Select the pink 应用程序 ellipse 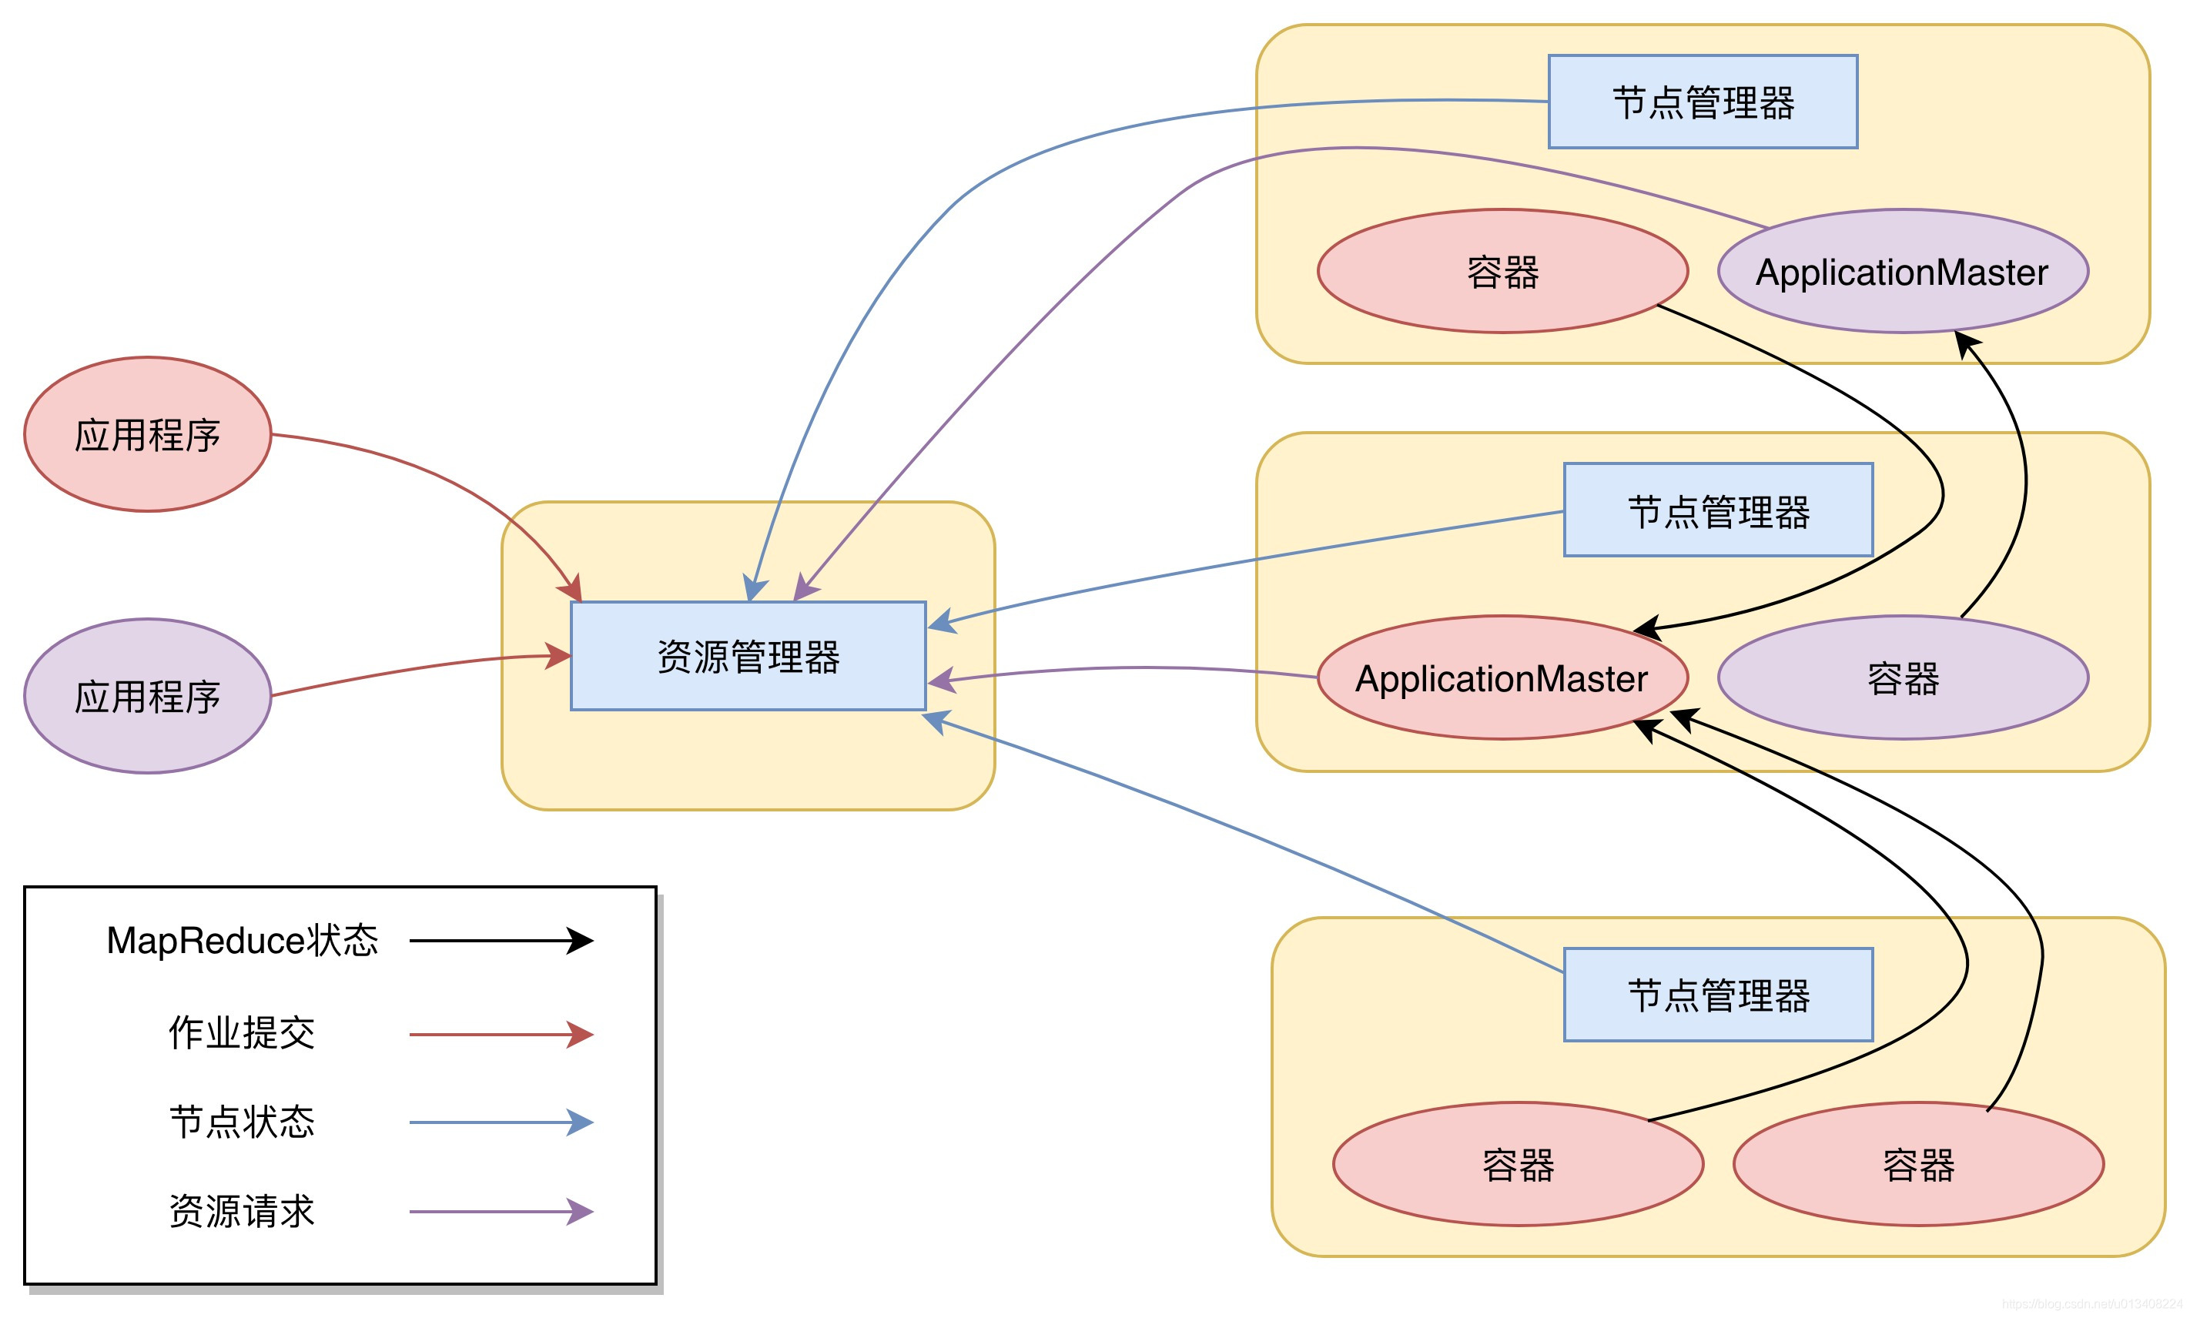click(147, 434)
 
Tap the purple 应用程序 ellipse click(147, 695)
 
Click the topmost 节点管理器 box click(1703, 102)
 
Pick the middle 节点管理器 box click(1717, 510)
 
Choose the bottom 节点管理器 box click(1717, 994)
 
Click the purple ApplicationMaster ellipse click(1902, 271)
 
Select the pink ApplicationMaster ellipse click(1502, 677)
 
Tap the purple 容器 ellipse click(1902, 677)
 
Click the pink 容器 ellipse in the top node click(1502, 271)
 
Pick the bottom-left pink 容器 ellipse click(1518, 1163)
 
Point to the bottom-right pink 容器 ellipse click(1918, 1163)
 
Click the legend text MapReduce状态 click(242, 941)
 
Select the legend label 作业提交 click(242, 1033)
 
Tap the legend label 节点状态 click(242, 1122)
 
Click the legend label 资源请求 click(242, 1210)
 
